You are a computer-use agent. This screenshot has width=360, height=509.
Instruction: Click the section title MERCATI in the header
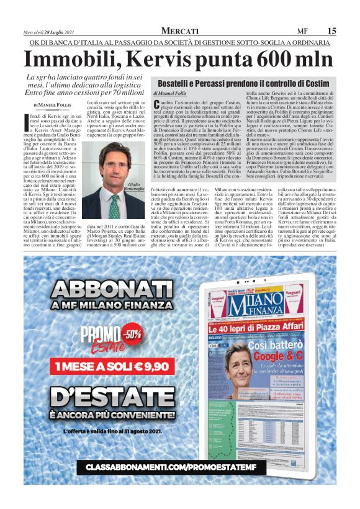point(179,31)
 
